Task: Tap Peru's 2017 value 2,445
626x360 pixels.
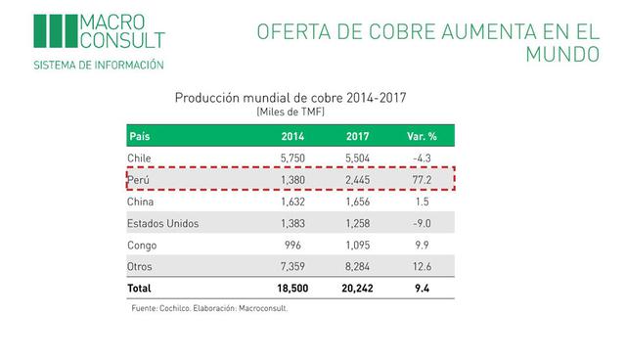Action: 358,180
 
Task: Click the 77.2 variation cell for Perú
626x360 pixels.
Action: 422,180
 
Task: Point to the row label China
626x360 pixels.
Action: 143,202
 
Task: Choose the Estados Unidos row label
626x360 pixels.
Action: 163,223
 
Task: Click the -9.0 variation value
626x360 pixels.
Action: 422,223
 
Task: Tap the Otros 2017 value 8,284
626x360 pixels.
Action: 358,266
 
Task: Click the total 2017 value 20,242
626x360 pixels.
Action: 358,290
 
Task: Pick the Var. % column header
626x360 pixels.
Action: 422,135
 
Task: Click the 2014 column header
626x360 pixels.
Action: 293,135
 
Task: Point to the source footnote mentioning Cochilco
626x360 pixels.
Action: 209,308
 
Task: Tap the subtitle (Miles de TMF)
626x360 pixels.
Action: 291,112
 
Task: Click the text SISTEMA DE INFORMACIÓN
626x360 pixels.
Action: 99,65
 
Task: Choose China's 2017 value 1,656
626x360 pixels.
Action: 358,202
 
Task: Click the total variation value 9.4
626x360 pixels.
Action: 422,290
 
